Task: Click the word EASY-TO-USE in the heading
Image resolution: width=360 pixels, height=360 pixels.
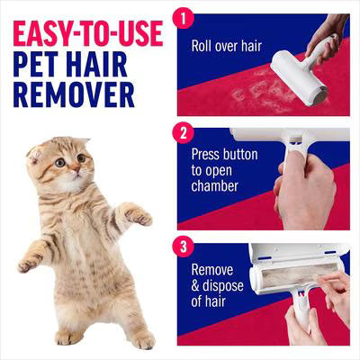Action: [x=87, y=33]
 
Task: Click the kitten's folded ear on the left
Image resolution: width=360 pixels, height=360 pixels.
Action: [x=36, y=153]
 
